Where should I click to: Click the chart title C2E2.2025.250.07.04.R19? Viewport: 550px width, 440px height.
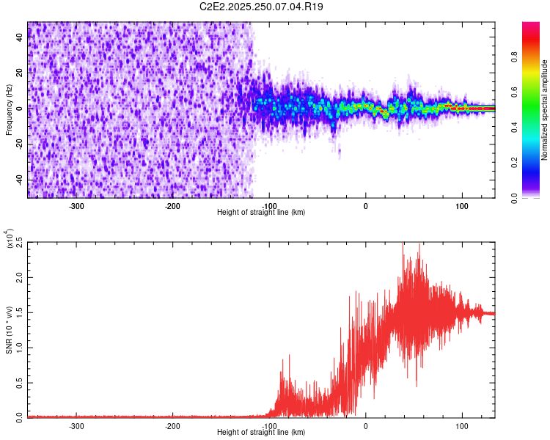click(262, 7)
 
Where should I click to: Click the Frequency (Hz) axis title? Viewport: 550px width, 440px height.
click(9, 110)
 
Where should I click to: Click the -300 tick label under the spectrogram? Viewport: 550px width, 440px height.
click(77, 206)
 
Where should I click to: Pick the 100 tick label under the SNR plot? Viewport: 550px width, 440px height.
click(462, 425)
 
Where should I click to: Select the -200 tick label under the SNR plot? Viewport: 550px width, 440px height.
click(172, 425)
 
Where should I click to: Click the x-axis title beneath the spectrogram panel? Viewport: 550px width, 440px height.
click(261, 212)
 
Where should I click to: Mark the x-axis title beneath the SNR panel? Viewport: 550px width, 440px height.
click(261, 432)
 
